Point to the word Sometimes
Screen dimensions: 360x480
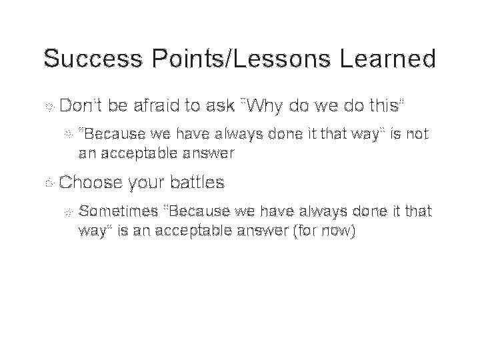[x=117, y=211]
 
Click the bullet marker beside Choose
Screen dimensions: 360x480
[x=48, y=181]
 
